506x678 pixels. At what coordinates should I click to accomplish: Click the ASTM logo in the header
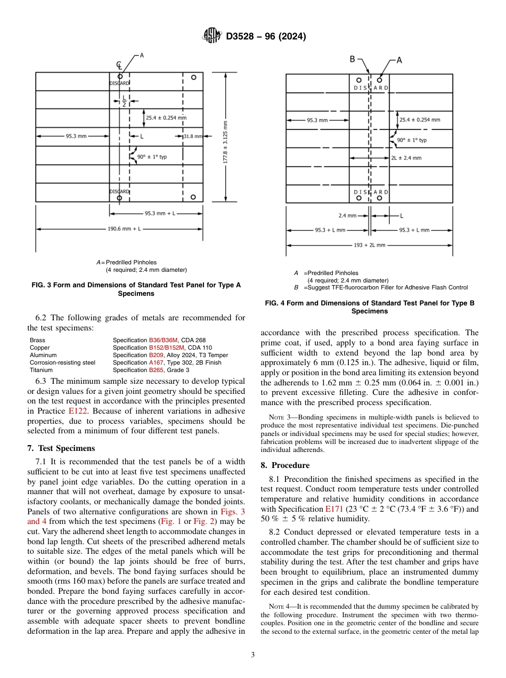[x=211, y=36]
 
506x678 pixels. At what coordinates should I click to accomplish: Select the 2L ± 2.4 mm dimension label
[x=406, y=158]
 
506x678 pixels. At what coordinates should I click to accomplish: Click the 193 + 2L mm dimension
[x=369, y=245]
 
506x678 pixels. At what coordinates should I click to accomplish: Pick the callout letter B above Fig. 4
[x=353, y=60]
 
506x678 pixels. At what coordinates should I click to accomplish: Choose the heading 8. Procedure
[x=285, y=465]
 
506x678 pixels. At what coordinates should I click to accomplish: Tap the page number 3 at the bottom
[x=252, y=655]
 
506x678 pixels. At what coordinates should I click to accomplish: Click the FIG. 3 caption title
[x=136, y=289]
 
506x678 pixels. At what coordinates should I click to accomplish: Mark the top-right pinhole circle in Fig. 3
[x=194, y=77]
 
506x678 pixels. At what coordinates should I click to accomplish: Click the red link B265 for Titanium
[x=155, y=370]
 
